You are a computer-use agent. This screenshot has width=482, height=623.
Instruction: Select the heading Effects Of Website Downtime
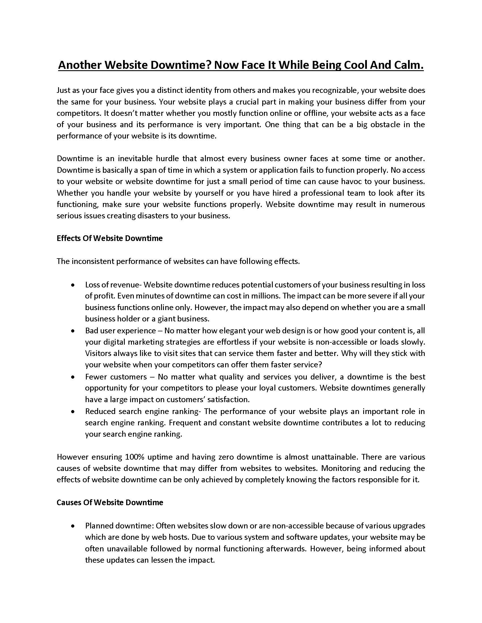[110, 238]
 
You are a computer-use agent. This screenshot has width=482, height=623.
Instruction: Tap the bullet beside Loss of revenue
[73, 285]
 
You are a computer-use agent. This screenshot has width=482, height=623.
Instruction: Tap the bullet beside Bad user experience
[73, 331]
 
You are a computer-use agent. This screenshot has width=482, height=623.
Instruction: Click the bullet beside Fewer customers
[73, 377]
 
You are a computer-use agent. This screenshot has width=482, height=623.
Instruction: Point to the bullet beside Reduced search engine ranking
[73, 412]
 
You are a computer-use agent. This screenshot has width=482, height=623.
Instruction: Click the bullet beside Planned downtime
[73, 526]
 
